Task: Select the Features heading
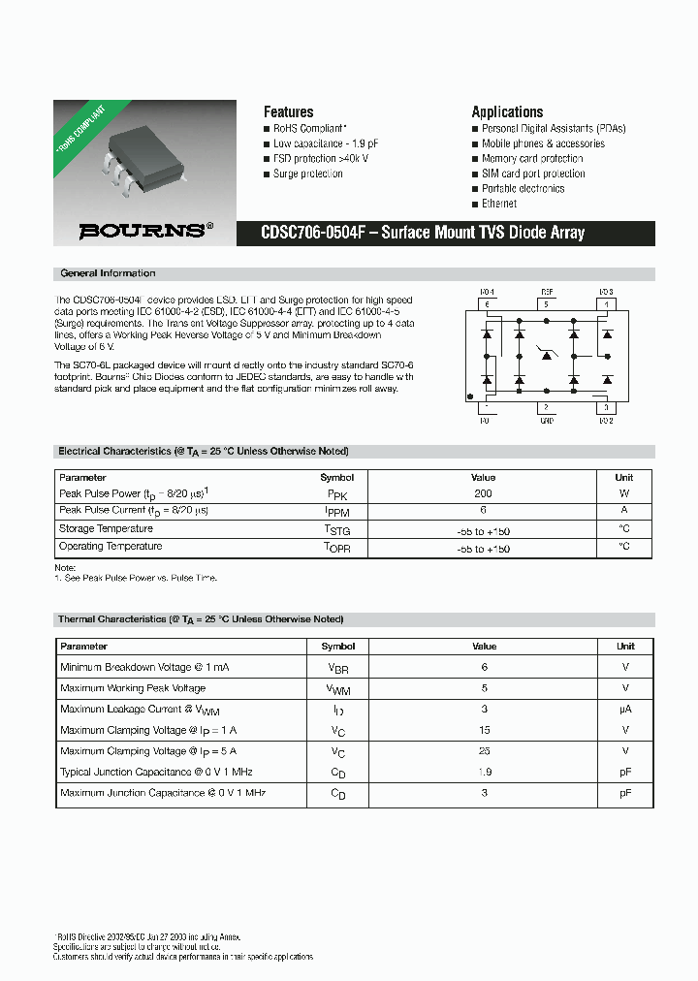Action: coord(288,111)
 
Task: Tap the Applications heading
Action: coord(507,111)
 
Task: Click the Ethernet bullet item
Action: coord(499,204)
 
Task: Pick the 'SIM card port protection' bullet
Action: coord(533,174)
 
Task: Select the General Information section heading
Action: coord(108,273)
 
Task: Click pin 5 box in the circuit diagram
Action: coord(546,304)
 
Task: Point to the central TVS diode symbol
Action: coord(547,356)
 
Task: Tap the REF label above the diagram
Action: coord(547,291)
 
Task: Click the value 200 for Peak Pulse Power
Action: coord(483,493)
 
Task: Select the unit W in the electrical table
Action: coord(624,493)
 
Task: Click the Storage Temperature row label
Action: coord(106,528)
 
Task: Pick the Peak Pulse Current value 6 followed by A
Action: coord(483,510)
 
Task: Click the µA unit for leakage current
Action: coord(625,709)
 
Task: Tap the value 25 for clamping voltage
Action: coord(484,751)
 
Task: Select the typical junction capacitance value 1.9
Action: coord(484,772)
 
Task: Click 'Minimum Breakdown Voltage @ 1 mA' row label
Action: coord(144,667)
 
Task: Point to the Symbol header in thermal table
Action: coord(337,646)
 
